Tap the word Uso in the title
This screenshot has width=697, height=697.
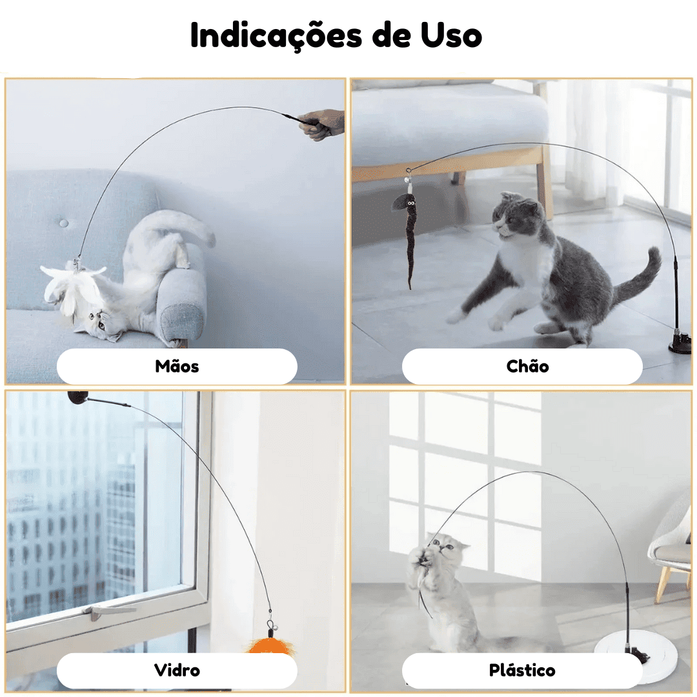pos(451,35)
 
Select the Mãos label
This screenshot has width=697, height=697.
pos(177,367)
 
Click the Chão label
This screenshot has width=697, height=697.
pos(528,367)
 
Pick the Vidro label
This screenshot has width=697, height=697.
pos(177,670)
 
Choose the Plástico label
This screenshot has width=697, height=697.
pos(522,670)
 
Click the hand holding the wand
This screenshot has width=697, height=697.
pos(322,125)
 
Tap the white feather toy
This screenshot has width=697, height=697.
pos(71,287)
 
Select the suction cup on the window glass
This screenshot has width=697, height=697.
pos(78,398)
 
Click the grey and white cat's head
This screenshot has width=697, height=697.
pos(518,215)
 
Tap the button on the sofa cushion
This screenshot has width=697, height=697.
pos(64,223)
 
